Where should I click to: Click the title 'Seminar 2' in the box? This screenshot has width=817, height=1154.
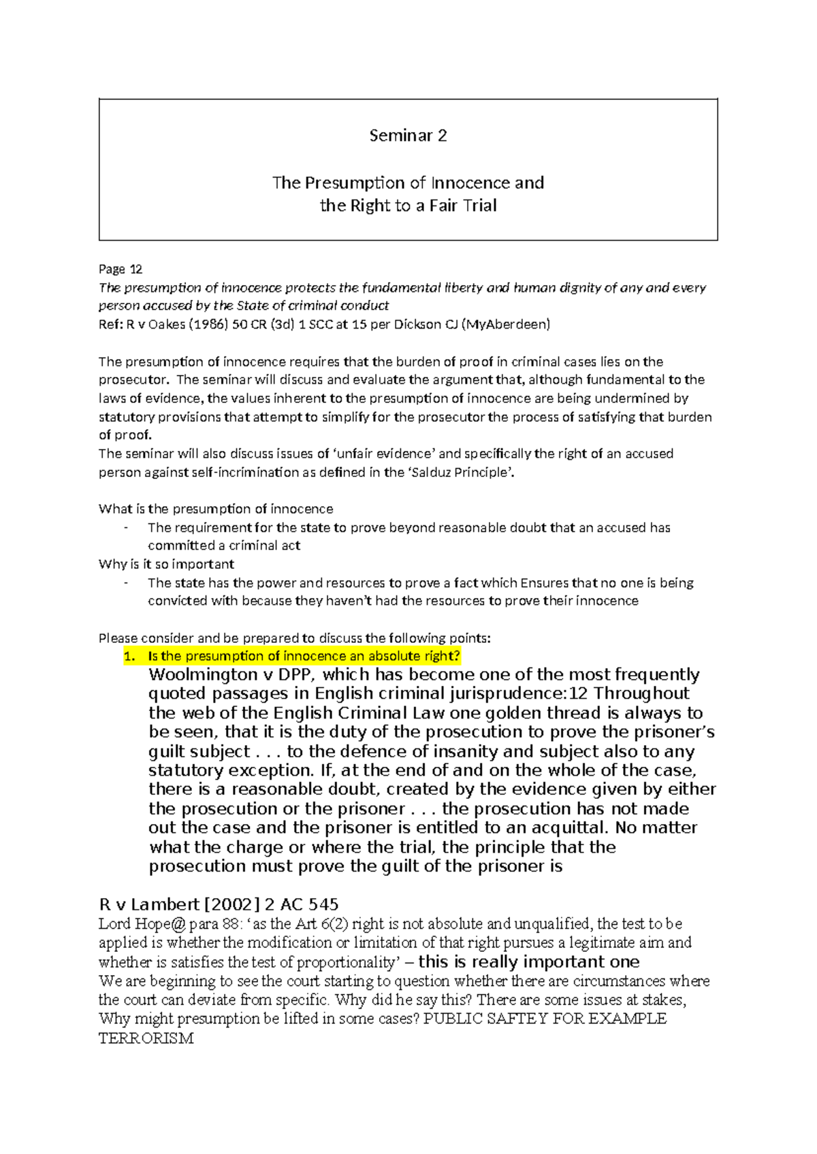point(408,135)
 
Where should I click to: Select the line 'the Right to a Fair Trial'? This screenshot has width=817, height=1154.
point(408,205)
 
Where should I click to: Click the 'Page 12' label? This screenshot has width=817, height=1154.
point(121,269)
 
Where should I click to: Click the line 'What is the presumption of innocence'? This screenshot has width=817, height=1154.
point(216,509)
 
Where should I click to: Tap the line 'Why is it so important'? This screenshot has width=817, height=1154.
point(166,564)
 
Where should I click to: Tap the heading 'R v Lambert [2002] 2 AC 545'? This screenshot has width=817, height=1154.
point(219,904)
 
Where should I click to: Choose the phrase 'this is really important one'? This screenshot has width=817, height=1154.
point(528,962)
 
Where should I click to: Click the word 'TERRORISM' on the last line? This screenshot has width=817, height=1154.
point(146,1038)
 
